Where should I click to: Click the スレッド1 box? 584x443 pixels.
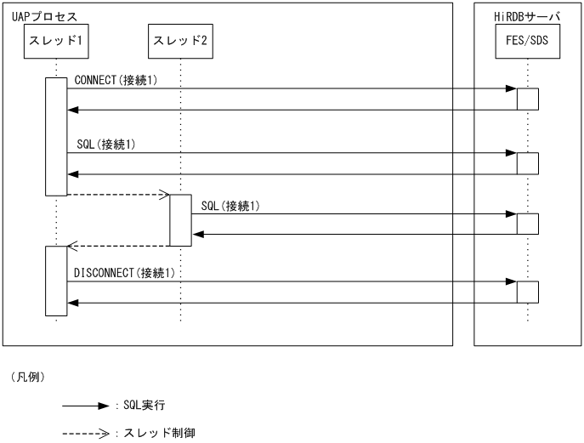click(x=56, y=39)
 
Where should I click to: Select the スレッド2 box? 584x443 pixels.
click(x=179, y=39)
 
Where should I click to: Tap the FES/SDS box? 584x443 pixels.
click(x=527, y=39)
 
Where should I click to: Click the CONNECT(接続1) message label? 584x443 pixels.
click(x=116, y=81)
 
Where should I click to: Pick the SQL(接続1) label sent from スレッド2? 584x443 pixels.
click(x=230, y=206)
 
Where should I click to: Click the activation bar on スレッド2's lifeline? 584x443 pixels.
click(x=180, y=220)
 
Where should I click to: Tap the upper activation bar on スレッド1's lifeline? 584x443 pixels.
click(x=56, y=136)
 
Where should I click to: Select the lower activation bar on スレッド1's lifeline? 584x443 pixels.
click(x=56, y=281)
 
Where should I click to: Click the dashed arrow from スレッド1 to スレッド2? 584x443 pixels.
click(x=119, y=195)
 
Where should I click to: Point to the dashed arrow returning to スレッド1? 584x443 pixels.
click(x=119, y=247)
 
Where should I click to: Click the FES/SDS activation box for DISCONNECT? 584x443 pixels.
click(x=528, y=291)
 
